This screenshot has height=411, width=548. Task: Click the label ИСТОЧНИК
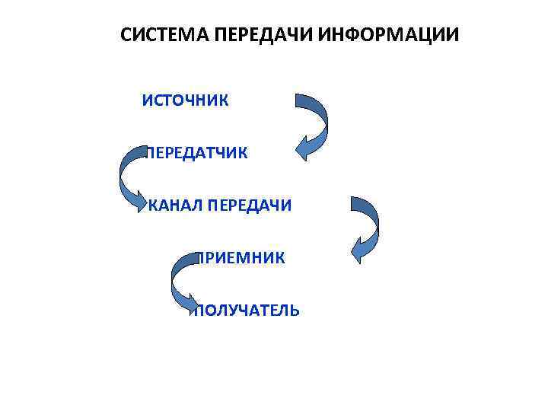pyautogui.click(x=185, y=101)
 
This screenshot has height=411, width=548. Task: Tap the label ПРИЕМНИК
pyautogui.click(x=241, y=258)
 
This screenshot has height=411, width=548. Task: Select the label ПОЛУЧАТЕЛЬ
pyautogui.click(x=247, y=311)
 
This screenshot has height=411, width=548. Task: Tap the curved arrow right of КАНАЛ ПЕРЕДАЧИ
pyautogui.click(x=369, y=225)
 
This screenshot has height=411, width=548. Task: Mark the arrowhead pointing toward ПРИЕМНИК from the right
pyautogui.click(x=358, y=250)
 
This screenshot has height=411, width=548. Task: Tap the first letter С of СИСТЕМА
pyautogui.click(x=127, y=36)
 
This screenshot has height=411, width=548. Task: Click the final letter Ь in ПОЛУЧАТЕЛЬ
pyautogui.click(x=295, y=311)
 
